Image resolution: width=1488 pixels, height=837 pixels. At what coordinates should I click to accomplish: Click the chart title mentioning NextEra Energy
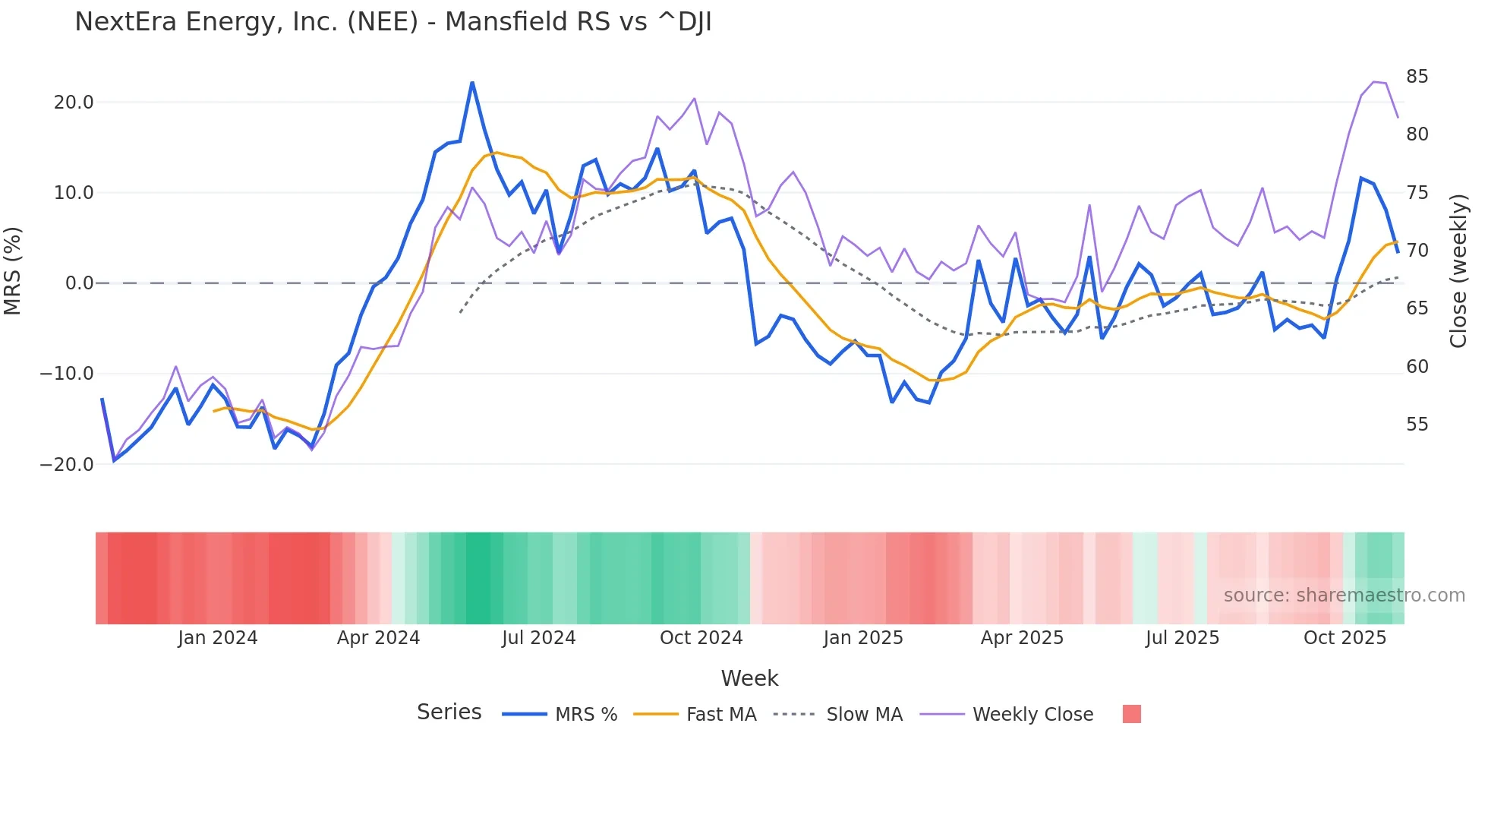(x=392, y=22)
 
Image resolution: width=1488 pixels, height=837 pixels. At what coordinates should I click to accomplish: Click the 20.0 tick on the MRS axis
(x=74, y=103)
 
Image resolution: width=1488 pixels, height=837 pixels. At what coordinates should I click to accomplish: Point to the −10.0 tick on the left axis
(x=67, y=374)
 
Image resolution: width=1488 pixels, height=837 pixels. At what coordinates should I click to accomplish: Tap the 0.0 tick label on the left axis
(x=79, y=283)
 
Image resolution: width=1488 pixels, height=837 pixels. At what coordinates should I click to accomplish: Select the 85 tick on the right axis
(x=1417, y=77)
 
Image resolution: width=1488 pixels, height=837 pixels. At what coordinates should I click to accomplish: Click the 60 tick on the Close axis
(x=1417, y=366)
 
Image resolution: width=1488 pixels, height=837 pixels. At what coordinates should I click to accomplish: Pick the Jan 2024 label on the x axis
(x=218, y=638)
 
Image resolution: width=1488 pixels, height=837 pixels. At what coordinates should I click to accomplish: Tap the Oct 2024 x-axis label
(x=701, y=638)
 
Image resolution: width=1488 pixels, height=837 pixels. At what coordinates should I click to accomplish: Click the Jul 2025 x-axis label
(x=1182, y=638)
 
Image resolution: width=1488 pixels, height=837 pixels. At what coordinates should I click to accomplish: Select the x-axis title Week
(x=749, y=678)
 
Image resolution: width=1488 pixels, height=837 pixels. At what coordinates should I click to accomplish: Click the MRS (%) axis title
(x=13, y=271)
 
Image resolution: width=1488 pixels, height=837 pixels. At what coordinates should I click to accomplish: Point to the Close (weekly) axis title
(x=1458, y=271)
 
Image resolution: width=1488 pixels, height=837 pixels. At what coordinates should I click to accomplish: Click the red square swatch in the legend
(x=1131, y=714)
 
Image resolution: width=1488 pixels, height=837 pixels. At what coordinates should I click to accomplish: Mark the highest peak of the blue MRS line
(x=472, y=83)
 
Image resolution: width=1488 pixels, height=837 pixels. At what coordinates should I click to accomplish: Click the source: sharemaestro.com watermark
(x=1344, y=595)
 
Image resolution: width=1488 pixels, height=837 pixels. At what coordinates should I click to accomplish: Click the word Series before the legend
(x=449, y=712)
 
